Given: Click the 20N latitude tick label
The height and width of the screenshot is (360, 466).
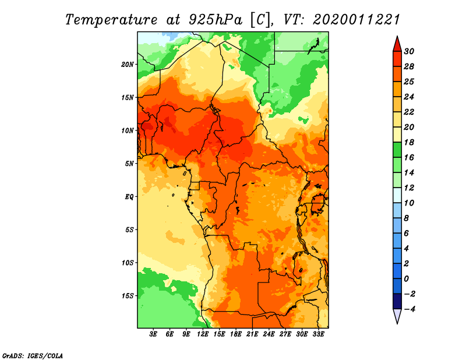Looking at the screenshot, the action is click(128, 65).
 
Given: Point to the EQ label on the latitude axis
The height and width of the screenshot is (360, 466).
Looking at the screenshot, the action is click(129, 197).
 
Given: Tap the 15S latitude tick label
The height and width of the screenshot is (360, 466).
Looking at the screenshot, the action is click(128, 296).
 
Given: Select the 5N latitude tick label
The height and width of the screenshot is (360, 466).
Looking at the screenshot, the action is click(129, 164).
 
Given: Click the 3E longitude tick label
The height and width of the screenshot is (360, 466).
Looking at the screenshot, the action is click(153, 334).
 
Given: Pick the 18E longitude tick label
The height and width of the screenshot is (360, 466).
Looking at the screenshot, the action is click(236, 334).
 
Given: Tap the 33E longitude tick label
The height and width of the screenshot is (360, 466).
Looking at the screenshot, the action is click(318, 334).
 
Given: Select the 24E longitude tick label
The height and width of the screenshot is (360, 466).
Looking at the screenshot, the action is click(269, 334).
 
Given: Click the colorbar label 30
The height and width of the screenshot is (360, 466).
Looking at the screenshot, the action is click(409, 51).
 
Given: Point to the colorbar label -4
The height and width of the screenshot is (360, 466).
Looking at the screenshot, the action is click(409, 309).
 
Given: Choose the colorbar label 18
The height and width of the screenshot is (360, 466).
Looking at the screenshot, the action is click(409, 142).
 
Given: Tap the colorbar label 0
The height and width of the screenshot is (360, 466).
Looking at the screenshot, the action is click(406, 279).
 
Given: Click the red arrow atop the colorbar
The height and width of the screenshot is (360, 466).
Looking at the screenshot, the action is click(397, 44).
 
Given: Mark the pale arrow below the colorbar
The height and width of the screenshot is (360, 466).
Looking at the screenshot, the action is click(397, 316).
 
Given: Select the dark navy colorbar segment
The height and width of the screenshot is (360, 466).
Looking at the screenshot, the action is click(397, 301).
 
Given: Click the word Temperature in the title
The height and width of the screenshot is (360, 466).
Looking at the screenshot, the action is click(111, 20).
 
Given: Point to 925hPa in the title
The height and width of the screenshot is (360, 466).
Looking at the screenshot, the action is click(216, 20).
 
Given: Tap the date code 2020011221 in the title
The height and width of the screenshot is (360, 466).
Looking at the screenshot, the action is click(356, 20).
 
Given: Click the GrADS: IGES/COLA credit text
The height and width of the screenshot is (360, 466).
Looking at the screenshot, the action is click(33, 356).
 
